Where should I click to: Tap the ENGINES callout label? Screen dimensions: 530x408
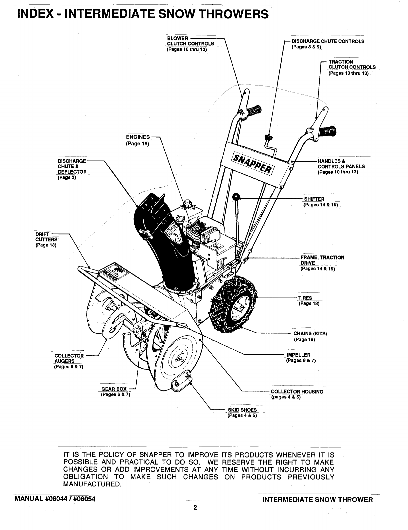pyautogui.click(x=138, y=137)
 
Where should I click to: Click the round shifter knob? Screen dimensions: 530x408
pyautogui.click(x=236, y=196)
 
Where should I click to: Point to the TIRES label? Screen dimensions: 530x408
pyautogui.click(x=305, y=298)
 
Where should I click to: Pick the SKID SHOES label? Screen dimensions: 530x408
pyautogui.click(x=242, y=410)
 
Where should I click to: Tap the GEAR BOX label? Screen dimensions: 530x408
pyautogui.click(x=114, y=389)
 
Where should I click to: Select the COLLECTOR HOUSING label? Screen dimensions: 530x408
pyautogui.click(x=297, y=392)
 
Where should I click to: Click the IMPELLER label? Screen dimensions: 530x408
pyautogui.click(x=298, y=355)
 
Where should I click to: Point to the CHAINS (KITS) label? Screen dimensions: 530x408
pyautogui.click(x=310, y=334)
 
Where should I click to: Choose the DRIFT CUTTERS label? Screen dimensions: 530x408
pyautogui.click(x=46, y=236)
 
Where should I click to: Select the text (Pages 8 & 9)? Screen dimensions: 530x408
pyautogui.click(x=306, y=47)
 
